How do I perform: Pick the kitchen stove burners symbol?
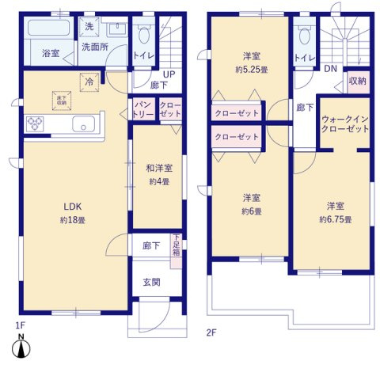click(36, 124)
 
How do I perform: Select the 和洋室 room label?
click(158, 168)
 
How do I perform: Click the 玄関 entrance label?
click(151, 282)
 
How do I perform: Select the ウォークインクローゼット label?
click(344, 123)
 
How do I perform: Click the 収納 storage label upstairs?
click(357, 82)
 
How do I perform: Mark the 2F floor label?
click(211, 332)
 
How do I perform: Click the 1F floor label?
click(20, 325)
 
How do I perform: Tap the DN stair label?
click(329, 69)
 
